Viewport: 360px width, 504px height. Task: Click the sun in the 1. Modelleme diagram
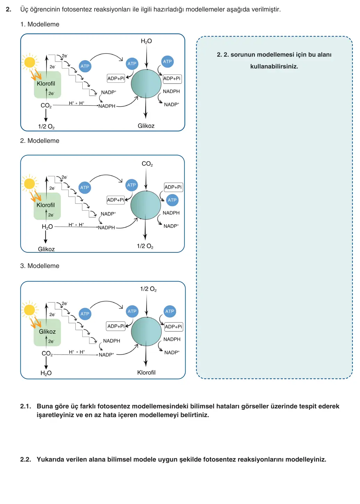point(30,62)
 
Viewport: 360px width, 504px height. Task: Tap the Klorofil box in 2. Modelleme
point(47,206)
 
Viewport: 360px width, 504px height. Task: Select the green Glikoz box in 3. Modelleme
point(47,332)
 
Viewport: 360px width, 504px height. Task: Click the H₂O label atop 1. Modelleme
point(146,41)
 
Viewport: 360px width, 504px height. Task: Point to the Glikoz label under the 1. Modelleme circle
point(146,126)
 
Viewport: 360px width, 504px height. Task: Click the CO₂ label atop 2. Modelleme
point(147,164)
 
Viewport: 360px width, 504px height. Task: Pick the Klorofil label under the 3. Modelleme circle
point(146,372)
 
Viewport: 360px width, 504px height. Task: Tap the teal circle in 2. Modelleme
point(146,205)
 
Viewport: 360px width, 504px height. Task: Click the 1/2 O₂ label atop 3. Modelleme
point(148,289)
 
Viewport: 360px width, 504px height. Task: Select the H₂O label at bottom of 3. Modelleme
point(46,373)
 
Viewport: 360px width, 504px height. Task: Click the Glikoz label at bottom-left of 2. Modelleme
point(46,249)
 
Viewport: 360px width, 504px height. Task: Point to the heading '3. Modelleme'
point(40,266)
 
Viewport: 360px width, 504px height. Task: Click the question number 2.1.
point(26,406)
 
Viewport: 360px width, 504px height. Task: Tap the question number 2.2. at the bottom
point(26,459)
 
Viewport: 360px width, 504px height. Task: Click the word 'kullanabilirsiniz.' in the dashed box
point(274,66)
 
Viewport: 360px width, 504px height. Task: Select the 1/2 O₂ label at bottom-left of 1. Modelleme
point(46,127)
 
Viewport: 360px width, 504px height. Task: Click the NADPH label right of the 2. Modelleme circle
point(171,213)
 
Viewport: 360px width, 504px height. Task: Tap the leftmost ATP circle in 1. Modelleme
point(85,66)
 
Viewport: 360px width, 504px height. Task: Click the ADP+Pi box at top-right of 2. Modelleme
point(173,187)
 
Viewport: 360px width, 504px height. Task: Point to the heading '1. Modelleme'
point(40,24)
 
